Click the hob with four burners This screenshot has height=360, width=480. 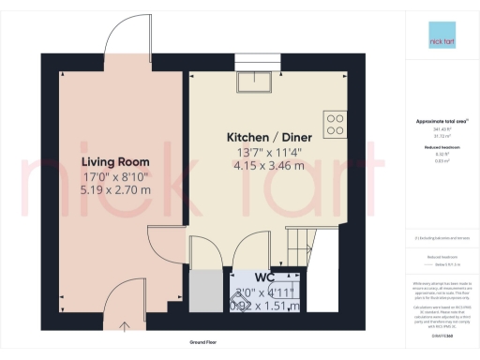click(335, 122)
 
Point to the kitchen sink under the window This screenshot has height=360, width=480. click(254, 82)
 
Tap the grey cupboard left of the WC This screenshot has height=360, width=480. click(203, 290)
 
